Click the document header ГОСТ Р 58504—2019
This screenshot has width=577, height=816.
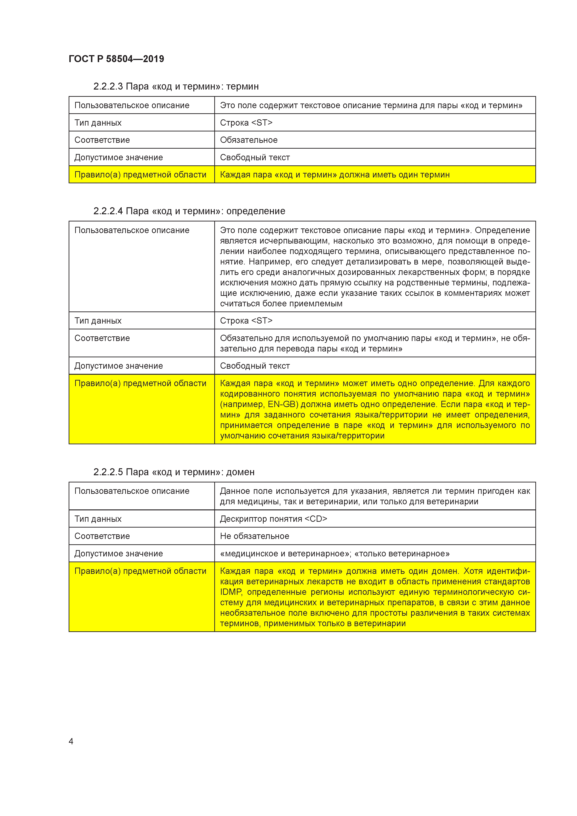tap(116, 59)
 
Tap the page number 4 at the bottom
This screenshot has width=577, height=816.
tap(71, 741)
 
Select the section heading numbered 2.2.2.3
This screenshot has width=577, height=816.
tap(176, 86)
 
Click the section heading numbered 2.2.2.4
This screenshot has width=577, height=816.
tap(189, 211)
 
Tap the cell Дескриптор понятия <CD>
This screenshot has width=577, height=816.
tap(273, 519)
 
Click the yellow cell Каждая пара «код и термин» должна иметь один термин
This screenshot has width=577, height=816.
tap(335, 175)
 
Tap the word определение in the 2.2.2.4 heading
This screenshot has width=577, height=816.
tap(256, 211)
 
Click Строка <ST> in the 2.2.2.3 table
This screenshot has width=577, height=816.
tap(246, 123)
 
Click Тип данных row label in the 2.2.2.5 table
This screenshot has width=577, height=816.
tap(98, 519)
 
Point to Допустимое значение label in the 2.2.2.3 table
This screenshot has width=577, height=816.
tap(118, 157)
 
